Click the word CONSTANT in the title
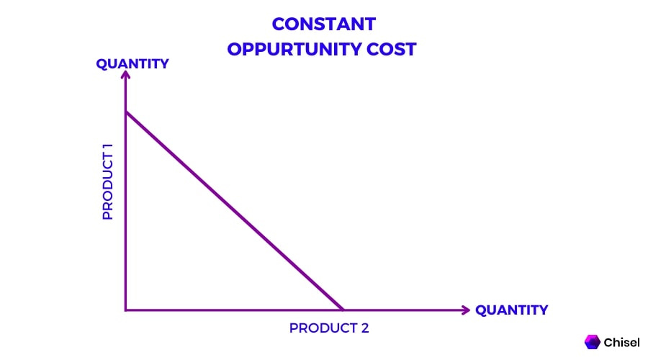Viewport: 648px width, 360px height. (323, 24)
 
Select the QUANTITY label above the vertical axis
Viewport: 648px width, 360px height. (132, 63)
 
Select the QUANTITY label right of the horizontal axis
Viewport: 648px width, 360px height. (511, 310)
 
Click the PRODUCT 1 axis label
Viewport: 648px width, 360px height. (108, 181)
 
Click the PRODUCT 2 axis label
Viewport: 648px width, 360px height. (329, 328)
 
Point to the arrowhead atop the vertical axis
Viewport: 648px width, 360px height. (126, 76)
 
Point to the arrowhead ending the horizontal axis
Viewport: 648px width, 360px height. (466, 310)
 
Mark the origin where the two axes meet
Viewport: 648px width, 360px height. (126, 310)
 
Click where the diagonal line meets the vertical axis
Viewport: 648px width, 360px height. (126, 112)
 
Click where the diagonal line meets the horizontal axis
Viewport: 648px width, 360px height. (343, 310)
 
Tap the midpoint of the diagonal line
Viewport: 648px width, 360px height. (235, 211)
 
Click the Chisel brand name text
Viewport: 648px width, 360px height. (622, 343)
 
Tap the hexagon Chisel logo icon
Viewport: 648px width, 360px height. (593, 342)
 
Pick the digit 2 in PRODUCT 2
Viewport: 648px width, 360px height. (364, 328)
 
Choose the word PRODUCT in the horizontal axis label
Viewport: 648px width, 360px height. (320, 328)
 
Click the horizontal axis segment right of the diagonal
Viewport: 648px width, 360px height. (403, 310)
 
